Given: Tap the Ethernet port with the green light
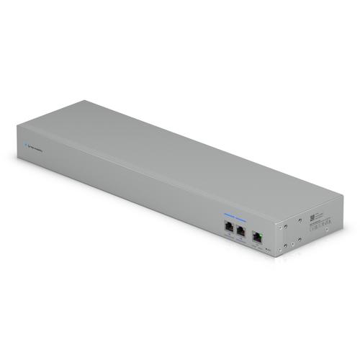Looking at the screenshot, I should pyautogui.click(x=258, y=234).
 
